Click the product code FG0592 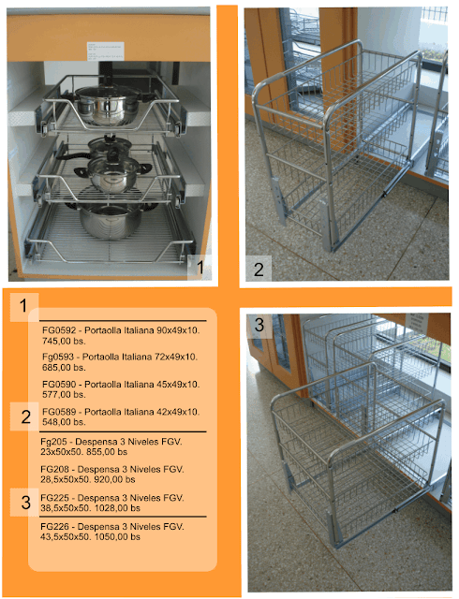click(58, 331)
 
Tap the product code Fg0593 click(58, 358)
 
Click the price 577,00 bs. click(65, 395)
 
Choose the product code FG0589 click(58, 411)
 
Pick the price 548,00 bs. click(65, 421)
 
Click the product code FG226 click(56, 526)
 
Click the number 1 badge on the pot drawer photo click(196, 270)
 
